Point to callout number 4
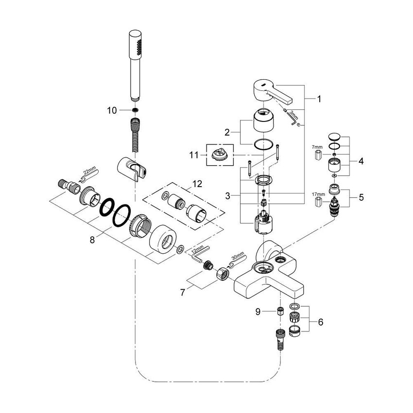[x=361, y=160]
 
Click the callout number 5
[x=361, y=198]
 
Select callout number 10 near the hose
[x=112, y=110]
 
